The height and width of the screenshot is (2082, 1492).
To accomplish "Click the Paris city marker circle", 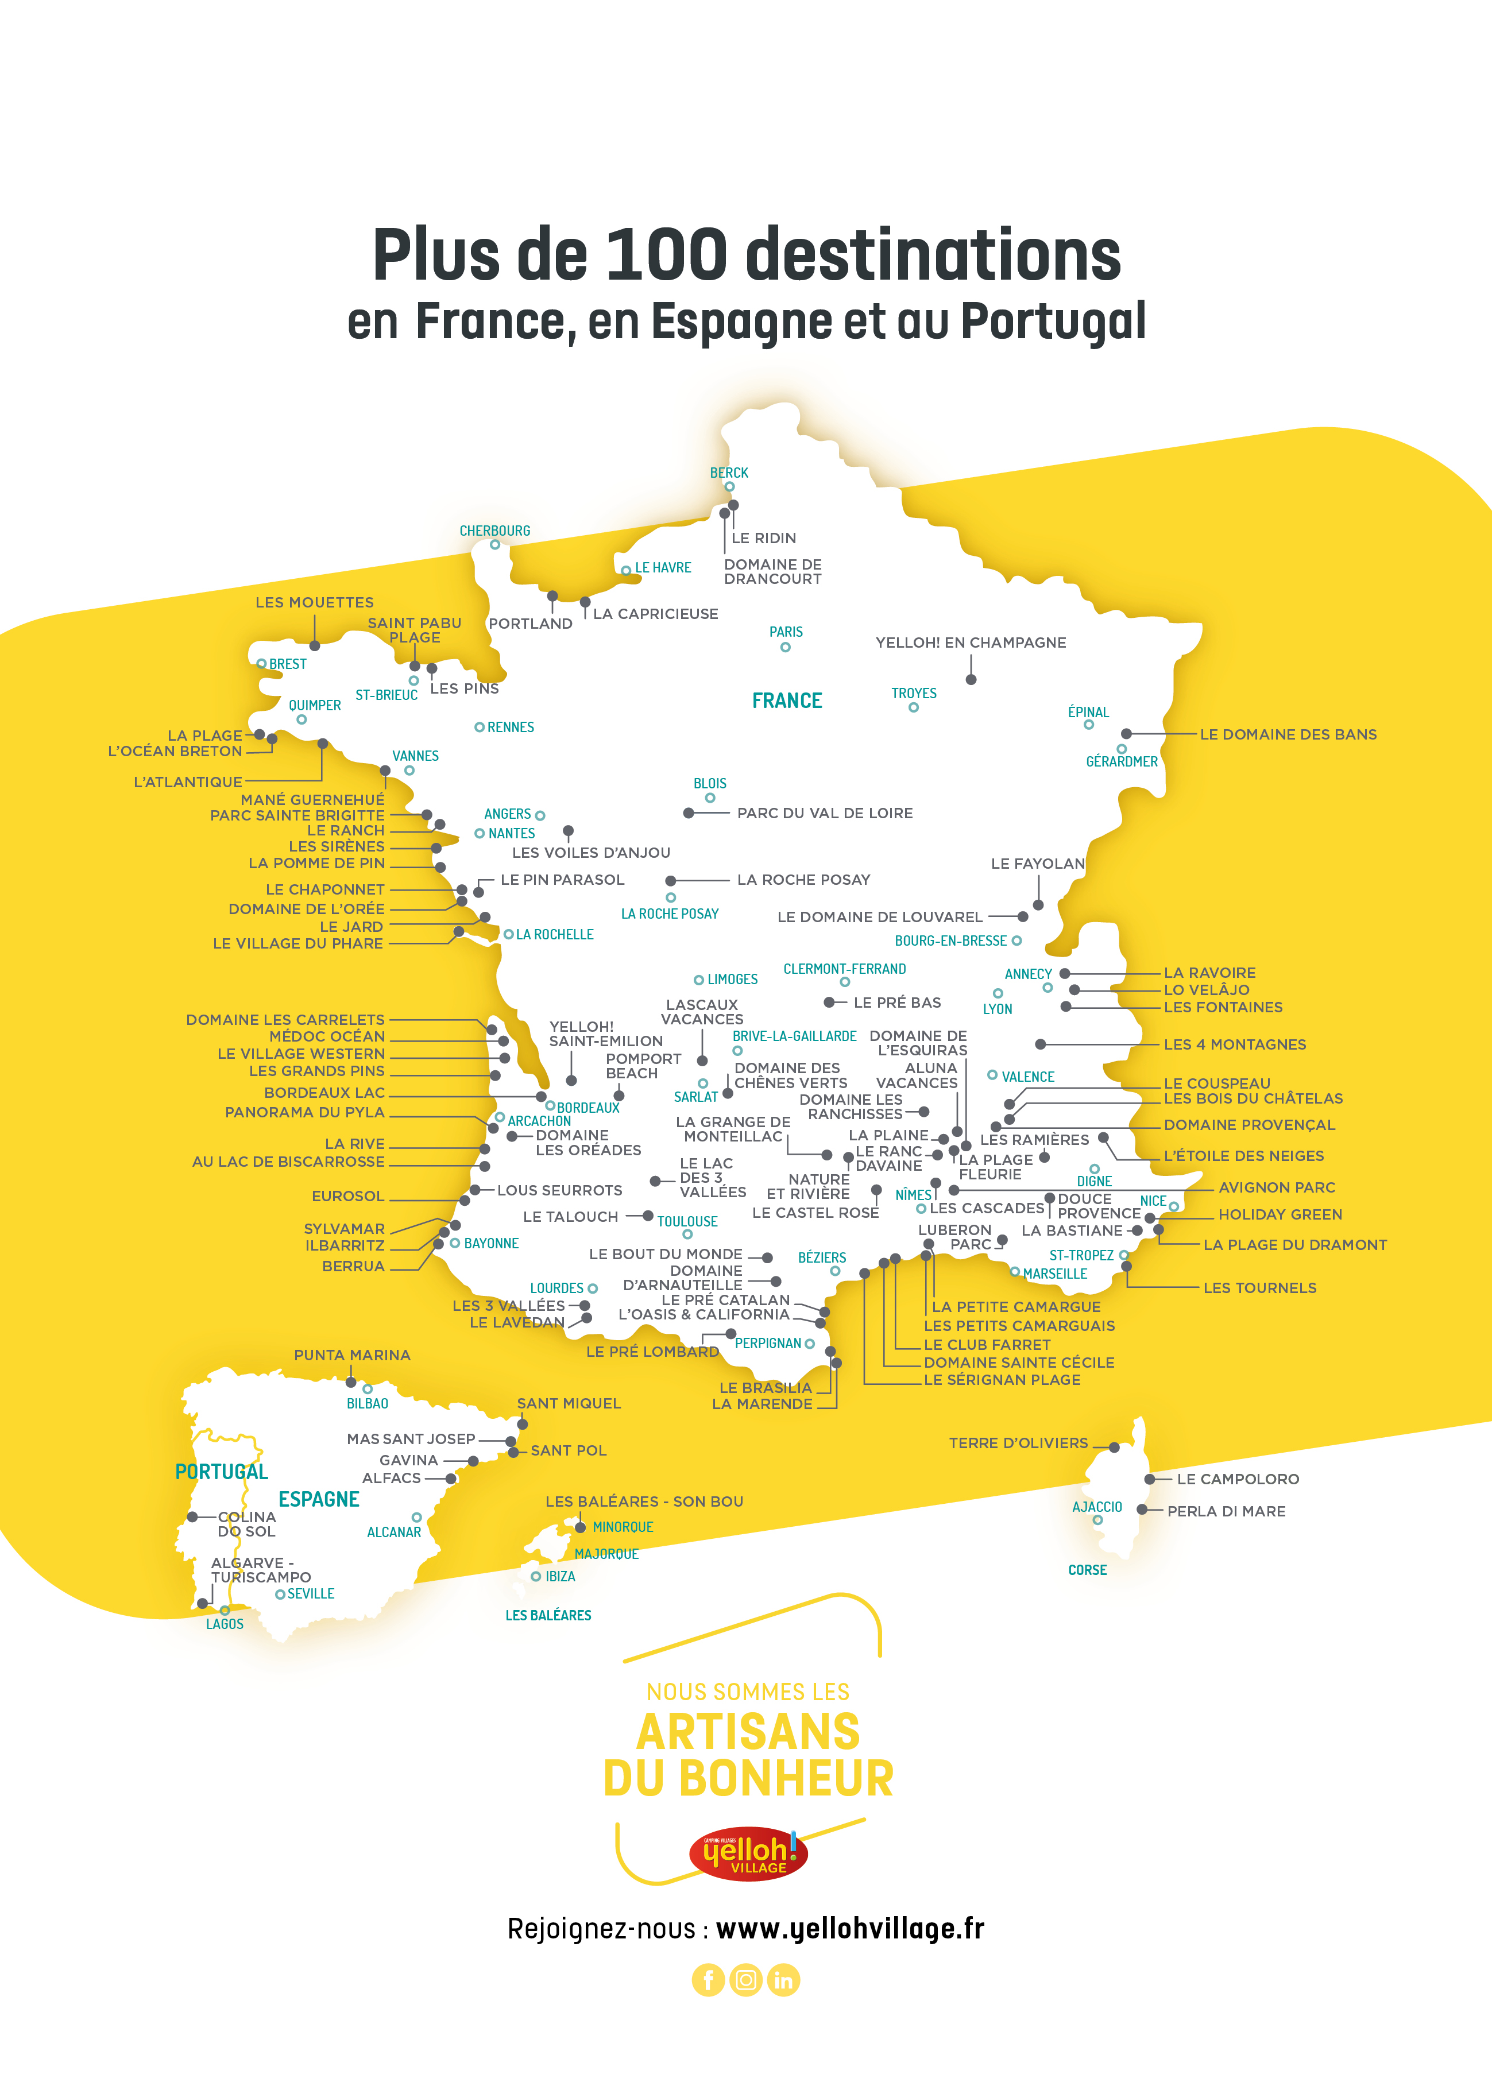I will tap(785, 647).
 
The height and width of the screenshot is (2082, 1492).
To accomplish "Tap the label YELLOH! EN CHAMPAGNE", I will tap(971, 643).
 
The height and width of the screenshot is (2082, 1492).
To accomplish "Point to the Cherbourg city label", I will tap(495, 531).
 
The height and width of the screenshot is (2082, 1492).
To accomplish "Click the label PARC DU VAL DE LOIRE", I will tap(825, 814).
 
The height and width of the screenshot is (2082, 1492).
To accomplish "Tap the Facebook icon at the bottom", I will tap(708, 1980).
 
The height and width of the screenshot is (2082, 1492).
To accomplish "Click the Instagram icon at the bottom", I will tap(745, 1980).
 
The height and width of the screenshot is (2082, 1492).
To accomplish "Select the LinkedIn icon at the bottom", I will tap(783, 1980).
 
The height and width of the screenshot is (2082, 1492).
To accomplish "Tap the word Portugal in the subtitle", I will tap(1053, 322).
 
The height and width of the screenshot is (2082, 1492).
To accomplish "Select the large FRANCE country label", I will tap(787, 701).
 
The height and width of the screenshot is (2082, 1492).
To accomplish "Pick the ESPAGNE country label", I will tap(319, 1499).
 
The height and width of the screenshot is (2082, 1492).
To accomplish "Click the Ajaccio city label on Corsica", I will tap(1097, 1507).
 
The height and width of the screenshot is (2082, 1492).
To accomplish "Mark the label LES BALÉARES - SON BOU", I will tap(644, 1502).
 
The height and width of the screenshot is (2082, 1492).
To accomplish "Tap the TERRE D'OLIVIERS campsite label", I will tap(1018, 1443).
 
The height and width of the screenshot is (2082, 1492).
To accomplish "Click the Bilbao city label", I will tap(368, 1404).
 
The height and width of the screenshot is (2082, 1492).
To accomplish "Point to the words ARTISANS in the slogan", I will tap(748, 1733).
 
